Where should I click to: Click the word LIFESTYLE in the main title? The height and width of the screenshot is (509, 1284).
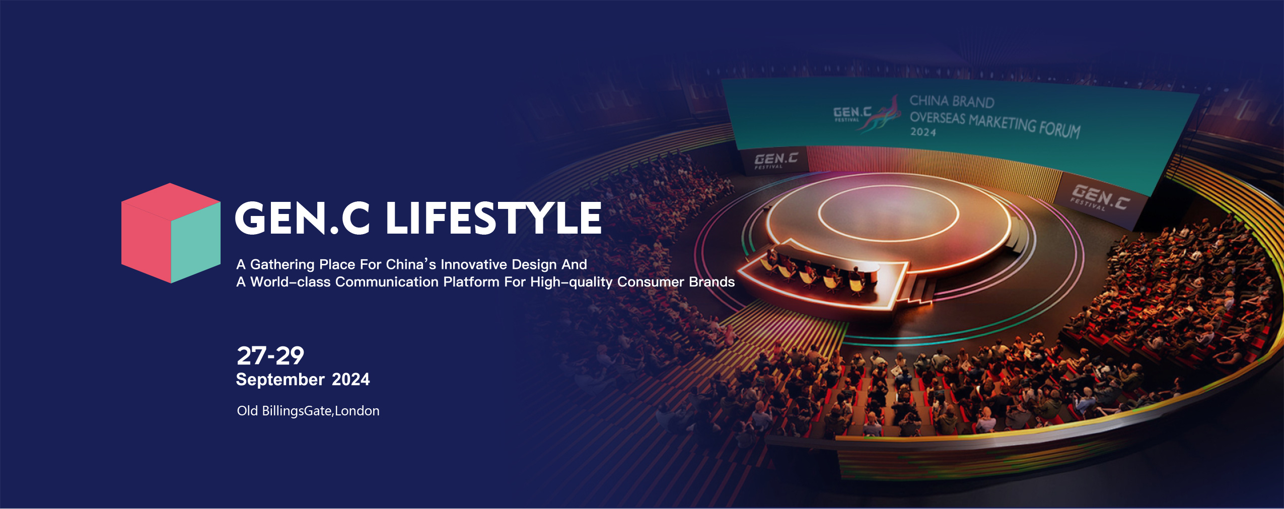[493, 218]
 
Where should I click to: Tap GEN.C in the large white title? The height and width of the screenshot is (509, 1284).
[303, 218]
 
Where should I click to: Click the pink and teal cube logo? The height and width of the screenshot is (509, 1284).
[171, 233]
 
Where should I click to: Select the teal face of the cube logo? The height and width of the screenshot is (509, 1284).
[196, 243]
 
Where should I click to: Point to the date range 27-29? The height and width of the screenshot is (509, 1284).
[270, 356]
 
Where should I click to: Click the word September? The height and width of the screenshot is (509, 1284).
[280, 380]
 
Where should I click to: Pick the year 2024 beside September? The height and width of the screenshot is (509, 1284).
[351, 379]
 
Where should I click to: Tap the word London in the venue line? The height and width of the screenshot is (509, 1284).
[357, 411]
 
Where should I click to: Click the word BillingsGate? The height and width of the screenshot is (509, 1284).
[297, 411]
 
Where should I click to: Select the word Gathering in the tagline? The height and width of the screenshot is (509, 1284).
[282, 264]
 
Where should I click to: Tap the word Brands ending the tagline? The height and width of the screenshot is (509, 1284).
[712, 282]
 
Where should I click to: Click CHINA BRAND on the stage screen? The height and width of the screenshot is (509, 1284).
[952, 102]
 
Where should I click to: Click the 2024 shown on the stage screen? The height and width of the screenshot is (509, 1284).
[923, 132]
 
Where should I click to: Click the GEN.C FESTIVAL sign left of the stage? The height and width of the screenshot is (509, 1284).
[775, 161]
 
